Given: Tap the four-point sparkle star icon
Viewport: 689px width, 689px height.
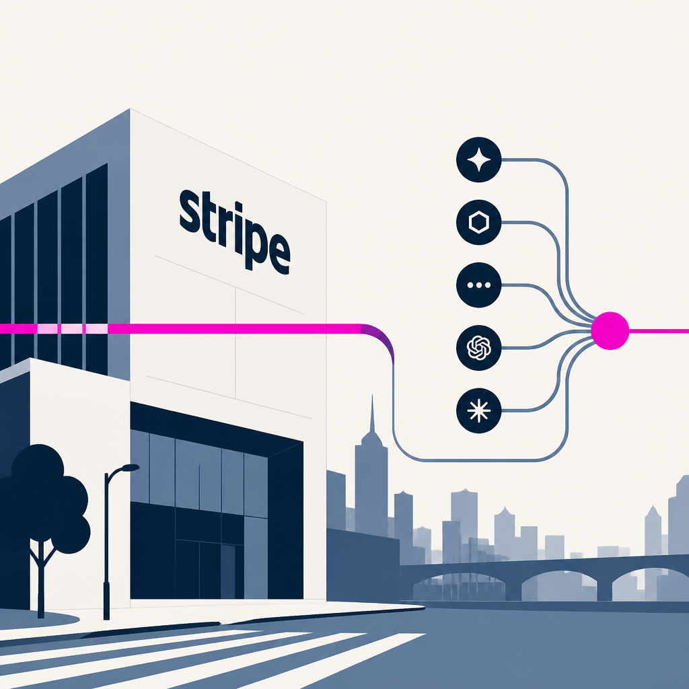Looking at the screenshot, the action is point(478,159).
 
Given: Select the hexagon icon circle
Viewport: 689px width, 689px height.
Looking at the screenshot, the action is point(478,222).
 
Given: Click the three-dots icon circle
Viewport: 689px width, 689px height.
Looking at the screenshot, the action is point(478,285).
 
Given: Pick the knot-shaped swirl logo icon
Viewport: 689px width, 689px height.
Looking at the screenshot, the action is point(478,348).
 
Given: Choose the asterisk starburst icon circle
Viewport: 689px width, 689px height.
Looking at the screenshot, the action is point(478,410).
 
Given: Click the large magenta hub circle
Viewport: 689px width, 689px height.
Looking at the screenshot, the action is point(610,330).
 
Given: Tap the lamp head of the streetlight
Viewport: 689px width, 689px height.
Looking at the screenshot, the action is point(131,468).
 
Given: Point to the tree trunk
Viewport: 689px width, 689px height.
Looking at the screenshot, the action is point(41,580).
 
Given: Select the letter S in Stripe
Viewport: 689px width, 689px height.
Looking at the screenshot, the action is point(192,211).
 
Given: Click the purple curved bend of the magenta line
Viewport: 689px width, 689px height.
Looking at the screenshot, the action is point(382,340).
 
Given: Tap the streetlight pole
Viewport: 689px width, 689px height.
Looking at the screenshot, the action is point(106,545).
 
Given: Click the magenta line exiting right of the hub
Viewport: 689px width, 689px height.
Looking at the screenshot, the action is point(659,330).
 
